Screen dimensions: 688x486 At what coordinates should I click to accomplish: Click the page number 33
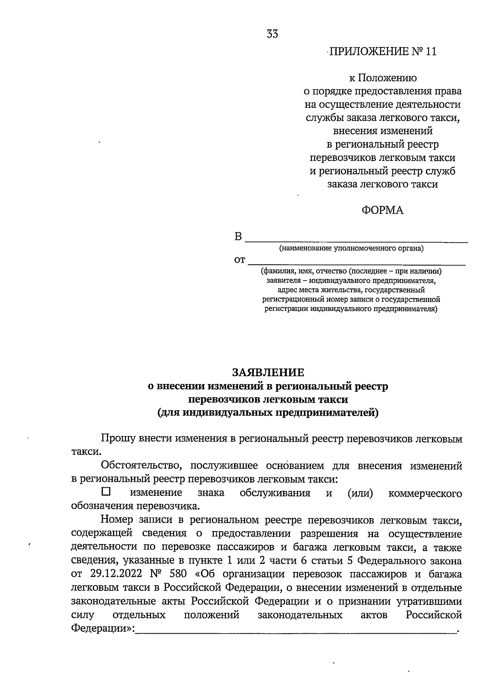click(272, 34)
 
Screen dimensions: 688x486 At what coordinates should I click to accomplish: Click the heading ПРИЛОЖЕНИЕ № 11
click(382, 52)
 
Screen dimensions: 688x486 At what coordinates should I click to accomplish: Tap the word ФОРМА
click(382, 210)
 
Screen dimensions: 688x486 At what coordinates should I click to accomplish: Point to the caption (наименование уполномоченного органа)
click(351, 248)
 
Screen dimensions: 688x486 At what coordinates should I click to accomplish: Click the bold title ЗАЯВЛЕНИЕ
click(268, 373)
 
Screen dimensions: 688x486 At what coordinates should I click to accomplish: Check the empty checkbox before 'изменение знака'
click(106, 492)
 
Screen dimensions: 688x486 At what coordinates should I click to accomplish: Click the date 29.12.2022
click(111, 574)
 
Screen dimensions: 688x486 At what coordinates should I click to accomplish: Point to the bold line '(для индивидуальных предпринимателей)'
click(268, 413)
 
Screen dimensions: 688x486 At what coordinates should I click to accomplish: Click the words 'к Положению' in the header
click(382, 78)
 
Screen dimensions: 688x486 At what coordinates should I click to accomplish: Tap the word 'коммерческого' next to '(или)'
click(425, 493)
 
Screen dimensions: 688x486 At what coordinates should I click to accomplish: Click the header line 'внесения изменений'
click(382, 131)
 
